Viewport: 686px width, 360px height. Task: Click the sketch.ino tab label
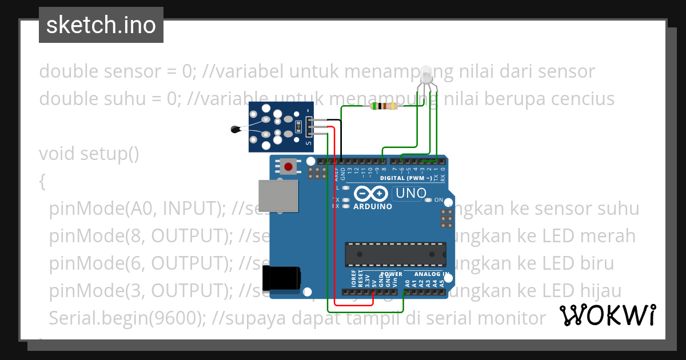pyautogui.click(x=101, y=25)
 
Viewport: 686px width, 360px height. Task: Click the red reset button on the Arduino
pyautogui.click(x=289, y=167)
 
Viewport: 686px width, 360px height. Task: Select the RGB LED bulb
pyautogui.click(x=426, y=75)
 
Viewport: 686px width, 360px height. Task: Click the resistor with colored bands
pyautogui.click(x=383, y=106)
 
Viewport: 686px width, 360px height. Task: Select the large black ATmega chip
pyautogui.click(x=395, y=254)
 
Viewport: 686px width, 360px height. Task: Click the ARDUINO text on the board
pyautogui.click(x=373, y=206)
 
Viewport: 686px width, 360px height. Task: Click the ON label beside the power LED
pyautogui.click(x=439, y=200)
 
